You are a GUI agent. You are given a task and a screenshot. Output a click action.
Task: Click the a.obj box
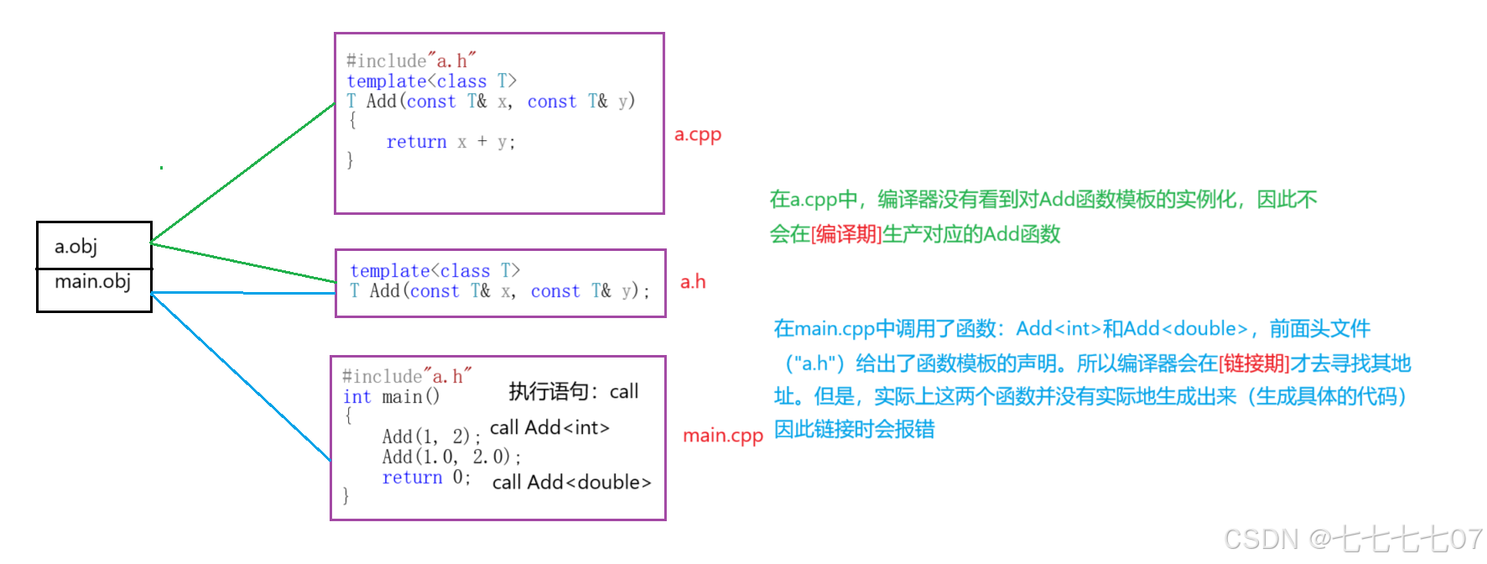pos(93,245)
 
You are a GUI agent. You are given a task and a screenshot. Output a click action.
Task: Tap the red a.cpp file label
pos(698,134)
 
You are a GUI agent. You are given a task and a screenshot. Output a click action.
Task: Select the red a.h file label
pos(693,282)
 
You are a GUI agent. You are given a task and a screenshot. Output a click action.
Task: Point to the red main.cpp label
pos(722,436)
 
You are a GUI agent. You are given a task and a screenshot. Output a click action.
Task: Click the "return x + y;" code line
pos(450,142)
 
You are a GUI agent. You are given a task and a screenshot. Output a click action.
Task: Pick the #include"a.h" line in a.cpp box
pos(411,60)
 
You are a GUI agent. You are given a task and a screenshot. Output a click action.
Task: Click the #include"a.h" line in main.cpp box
pos(407,376)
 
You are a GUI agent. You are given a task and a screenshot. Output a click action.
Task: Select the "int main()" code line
pos(391,396)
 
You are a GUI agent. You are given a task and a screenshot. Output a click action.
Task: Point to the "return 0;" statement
pos(426,477)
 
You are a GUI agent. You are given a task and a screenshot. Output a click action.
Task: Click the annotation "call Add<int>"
pos(549,428)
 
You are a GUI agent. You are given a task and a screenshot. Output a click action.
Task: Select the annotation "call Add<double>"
pos(571,483)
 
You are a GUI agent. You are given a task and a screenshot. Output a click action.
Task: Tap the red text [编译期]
pos(846,234)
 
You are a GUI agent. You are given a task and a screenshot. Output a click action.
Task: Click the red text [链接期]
pos(1254,363)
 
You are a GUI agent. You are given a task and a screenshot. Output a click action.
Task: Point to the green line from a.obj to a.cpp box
pos(243,173)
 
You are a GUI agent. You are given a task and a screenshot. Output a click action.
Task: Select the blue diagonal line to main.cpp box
pos(241,376)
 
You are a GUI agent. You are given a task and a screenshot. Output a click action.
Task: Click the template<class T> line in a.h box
pos(434,270)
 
